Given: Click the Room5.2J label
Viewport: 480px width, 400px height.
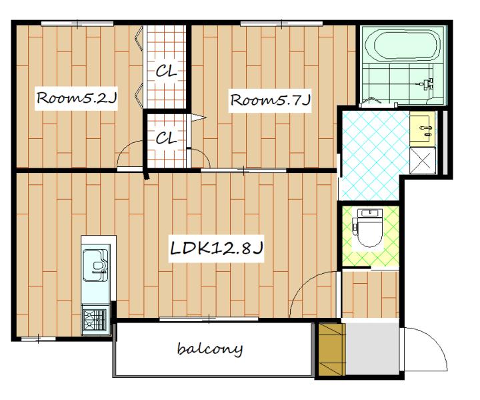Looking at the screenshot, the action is (77, 98).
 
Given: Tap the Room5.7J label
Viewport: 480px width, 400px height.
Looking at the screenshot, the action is (270, 99).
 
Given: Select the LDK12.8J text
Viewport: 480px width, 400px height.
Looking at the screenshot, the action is (216, 248).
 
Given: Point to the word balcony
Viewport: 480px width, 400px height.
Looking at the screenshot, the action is (210, 349).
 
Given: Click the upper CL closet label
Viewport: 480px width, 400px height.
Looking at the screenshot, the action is (166, 71).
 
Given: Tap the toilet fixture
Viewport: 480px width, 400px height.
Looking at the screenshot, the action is (369, 228).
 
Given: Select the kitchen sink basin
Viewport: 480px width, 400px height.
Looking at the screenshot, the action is (95, 264).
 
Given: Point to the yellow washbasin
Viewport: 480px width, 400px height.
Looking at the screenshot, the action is (423, 129).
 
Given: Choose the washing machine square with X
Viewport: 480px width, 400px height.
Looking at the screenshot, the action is (423, 160).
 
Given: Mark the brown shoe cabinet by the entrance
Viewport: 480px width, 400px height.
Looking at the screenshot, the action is (332, 349).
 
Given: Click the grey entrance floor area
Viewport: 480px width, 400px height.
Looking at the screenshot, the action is (373, 348).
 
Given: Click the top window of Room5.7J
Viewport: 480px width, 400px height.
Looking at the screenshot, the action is (281, 23).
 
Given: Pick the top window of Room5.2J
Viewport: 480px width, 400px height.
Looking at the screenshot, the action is (77, 23).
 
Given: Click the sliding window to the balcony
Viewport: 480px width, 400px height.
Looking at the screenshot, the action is (209, 319).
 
